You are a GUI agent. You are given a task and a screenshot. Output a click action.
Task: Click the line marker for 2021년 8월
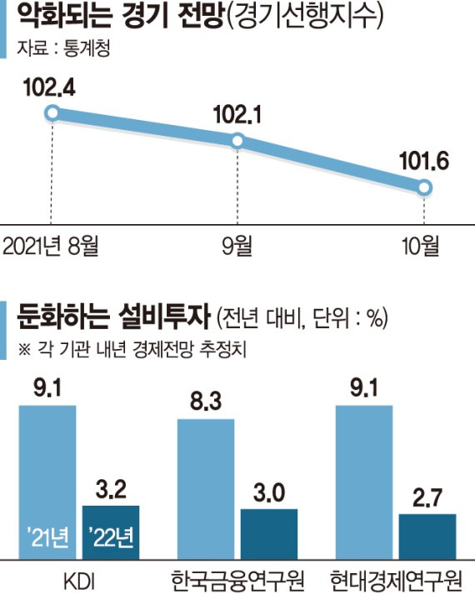point(52,113)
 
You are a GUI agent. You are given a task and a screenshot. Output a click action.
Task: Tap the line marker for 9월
point(238,142)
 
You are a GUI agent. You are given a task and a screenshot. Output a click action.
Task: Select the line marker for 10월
point(424,189)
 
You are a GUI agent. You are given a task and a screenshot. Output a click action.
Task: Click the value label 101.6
point(424,162)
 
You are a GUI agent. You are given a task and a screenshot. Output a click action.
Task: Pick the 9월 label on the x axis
point(238,246)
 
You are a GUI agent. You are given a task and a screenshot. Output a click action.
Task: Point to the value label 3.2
point(111,489)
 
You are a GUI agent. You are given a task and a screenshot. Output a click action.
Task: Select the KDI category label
point(80,577)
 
